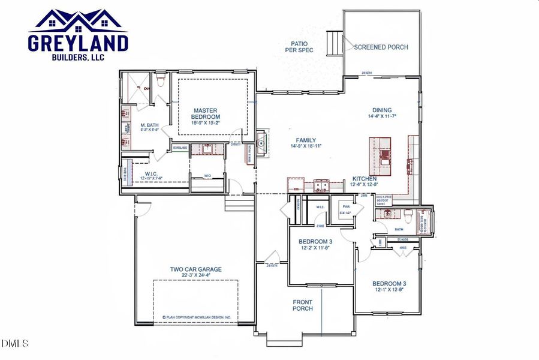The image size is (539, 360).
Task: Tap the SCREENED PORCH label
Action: tap(381, 47)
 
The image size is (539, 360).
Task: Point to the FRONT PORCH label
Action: tap(302, 305)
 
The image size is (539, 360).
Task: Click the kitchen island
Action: tap(380, 158)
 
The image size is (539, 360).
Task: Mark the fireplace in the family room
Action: tap(261, 142)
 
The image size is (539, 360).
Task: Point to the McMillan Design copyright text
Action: tap(200, 317)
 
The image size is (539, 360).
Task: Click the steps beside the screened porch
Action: tap(333, 43)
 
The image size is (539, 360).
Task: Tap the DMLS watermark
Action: tap(16, 344)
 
